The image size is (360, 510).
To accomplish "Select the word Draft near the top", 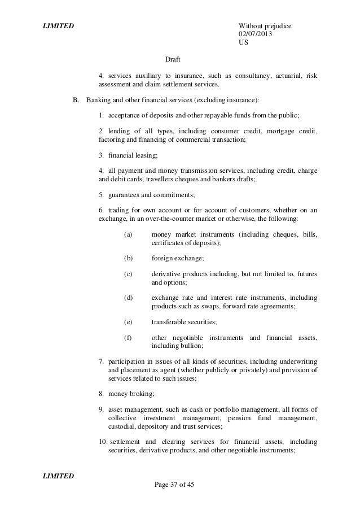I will click(x=173, y=59).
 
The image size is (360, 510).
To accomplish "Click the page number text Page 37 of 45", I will click(x=173, y=485).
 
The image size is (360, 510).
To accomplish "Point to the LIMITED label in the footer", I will click(x=59, y=476).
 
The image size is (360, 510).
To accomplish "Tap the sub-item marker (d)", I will click(x=127, y=298).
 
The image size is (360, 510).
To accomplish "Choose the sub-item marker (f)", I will click(x=127, y=337).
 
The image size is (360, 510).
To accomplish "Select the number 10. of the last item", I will click(x=103, y=441).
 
